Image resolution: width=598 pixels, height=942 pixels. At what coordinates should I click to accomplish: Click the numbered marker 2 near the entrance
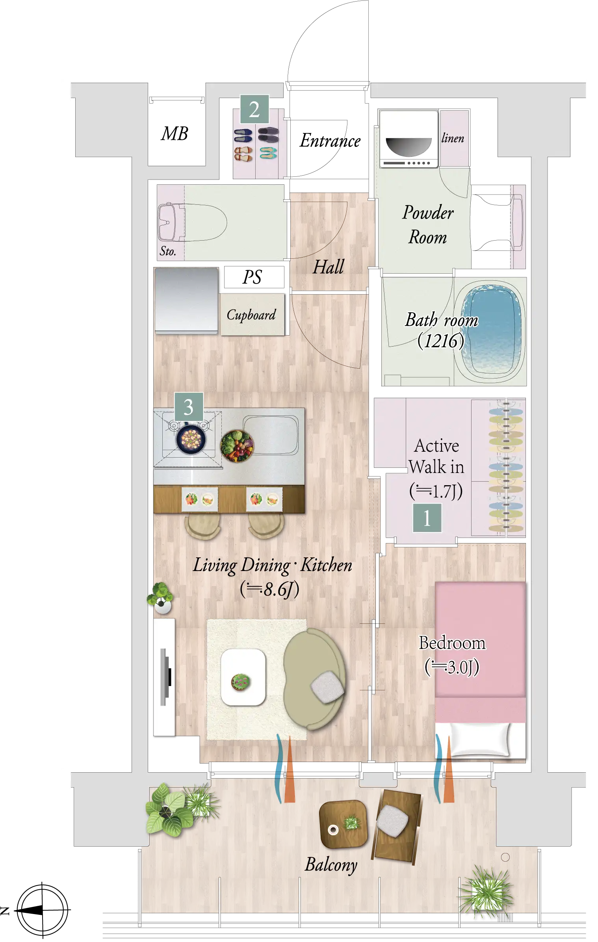point(254,109)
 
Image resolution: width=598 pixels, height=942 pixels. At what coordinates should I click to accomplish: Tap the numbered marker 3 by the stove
point(189,407)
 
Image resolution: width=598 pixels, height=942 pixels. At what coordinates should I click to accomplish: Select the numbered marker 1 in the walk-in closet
point(427,518)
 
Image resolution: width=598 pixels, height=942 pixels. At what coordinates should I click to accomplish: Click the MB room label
point(175,134)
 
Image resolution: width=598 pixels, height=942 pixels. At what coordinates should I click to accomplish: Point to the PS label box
point(254,277)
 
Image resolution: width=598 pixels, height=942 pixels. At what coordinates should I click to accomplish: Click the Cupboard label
point(251,315)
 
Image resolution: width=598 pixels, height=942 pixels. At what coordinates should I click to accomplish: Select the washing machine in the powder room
point(409,139)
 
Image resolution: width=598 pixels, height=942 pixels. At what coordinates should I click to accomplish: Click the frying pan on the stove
point(191,439)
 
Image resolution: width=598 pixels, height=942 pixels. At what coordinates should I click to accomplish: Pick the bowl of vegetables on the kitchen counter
point(237,446)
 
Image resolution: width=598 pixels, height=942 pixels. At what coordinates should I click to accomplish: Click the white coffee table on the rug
point(243,677)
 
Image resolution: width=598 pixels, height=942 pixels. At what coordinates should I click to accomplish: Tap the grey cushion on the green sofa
point(327,687)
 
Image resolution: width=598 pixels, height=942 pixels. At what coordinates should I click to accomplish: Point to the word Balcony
point(331,865)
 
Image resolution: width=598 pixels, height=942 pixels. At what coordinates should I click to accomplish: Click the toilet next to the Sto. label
point(192,222)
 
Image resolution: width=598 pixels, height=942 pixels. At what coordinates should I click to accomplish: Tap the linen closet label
point(453,138)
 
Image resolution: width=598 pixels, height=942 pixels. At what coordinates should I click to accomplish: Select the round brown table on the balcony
point(343,824)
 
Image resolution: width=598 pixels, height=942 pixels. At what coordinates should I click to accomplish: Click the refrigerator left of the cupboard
point(186,300)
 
